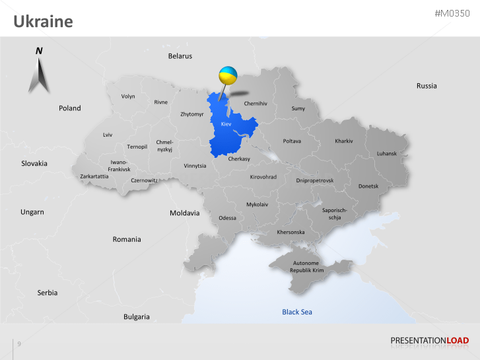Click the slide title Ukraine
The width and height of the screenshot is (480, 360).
click(43, 22)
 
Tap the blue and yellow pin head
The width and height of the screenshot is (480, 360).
click(228, 75)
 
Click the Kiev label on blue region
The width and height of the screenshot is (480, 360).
click(226, 124)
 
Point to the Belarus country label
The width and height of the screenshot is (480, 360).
click(180, 56)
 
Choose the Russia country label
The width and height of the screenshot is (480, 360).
click(427, 86)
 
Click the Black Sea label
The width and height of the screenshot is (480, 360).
click(297, 312)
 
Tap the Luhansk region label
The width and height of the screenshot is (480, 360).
click(387, 153)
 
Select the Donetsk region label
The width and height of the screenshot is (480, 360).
click(368, 186)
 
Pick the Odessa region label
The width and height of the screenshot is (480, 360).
click(227, 218)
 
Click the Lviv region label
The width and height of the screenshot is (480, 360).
click(108, 135)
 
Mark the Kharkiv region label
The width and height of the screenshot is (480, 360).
click(344, 141)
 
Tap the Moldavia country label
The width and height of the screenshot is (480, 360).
click(184, 213)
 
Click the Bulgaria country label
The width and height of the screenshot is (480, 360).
click(137, 317)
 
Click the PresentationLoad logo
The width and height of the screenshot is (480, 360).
click(429, 341)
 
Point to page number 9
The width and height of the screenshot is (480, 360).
click(19, 343)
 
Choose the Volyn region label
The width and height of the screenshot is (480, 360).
click(128, 96)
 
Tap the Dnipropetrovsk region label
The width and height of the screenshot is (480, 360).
click(315, 180)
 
